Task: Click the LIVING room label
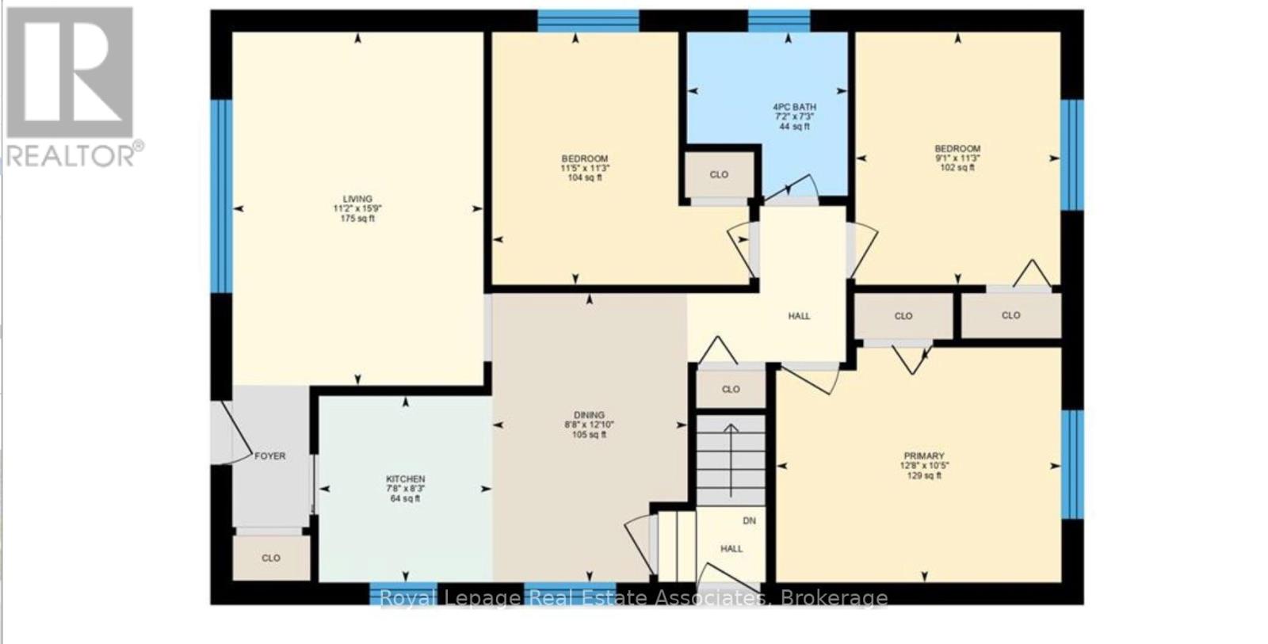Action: (x=357, y=199)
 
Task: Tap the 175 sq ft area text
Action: (x=357, y=219)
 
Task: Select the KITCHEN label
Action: (x=405, y=479)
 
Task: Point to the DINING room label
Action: (x=589, y=415)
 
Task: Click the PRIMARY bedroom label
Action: (x=924, y=456)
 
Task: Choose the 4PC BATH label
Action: (x=794, y=107)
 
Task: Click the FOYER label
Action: (x=269, y=456)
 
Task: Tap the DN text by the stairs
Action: (x=749, y=521)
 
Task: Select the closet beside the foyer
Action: (x=271, y=558)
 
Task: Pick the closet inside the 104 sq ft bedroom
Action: (x=719, y=174)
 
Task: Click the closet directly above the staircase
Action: (x=731, y=389)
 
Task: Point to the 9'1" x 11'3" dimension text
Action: (x=957, y=158)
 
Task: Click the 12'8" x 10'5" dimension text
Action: (x=924, y=466)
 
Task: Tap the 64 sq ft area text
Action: (x=405, y=499)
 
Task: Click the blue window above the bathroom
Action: (x=778, y=20)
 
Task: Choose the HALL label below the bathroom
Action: (x=799, y=316)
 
